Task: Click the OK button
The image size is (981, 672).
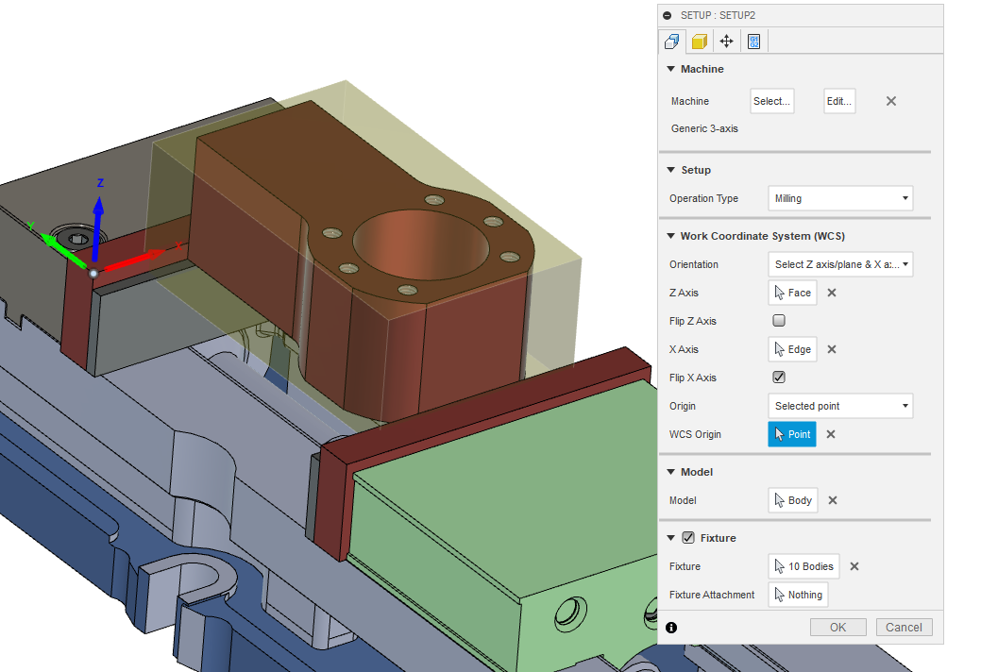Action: (837, 627)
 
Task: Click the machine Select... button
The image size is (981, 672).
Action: (771, 101)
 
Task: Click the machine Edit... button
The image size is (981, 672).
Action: (839, 101)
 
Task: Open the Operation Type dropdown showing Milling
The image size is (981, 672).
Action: (840, 198)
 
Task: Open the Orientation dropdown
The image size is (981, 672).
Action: (840, 264)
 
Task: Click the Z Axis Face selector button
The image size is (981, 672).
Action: (792, 293)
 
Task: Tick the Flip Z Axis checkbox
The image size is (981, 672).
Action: (779, 321)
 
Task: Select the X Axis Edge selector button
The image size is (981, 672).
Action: (792, 349)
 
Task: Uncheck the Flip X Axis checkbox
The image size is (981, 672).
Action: (779, 378)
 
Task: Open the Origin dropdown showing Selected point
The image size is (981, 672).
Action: (840, 406)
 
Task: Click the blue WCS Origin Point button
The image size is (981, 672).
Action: (791, 434)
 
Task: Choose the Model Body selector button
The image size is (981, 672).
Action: (792, 500)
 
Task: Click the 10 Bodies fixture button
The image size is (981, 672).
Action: (803, 566)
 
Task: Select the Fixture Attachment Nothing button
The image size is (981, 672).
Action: (798, 595)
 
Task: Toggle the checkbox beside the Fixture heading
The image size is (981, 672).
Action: (688, 538)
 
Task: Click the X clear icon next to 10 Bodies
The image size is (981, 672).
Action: (854, 566)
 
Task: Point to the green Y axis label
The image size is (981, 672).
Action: (31, 227)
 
